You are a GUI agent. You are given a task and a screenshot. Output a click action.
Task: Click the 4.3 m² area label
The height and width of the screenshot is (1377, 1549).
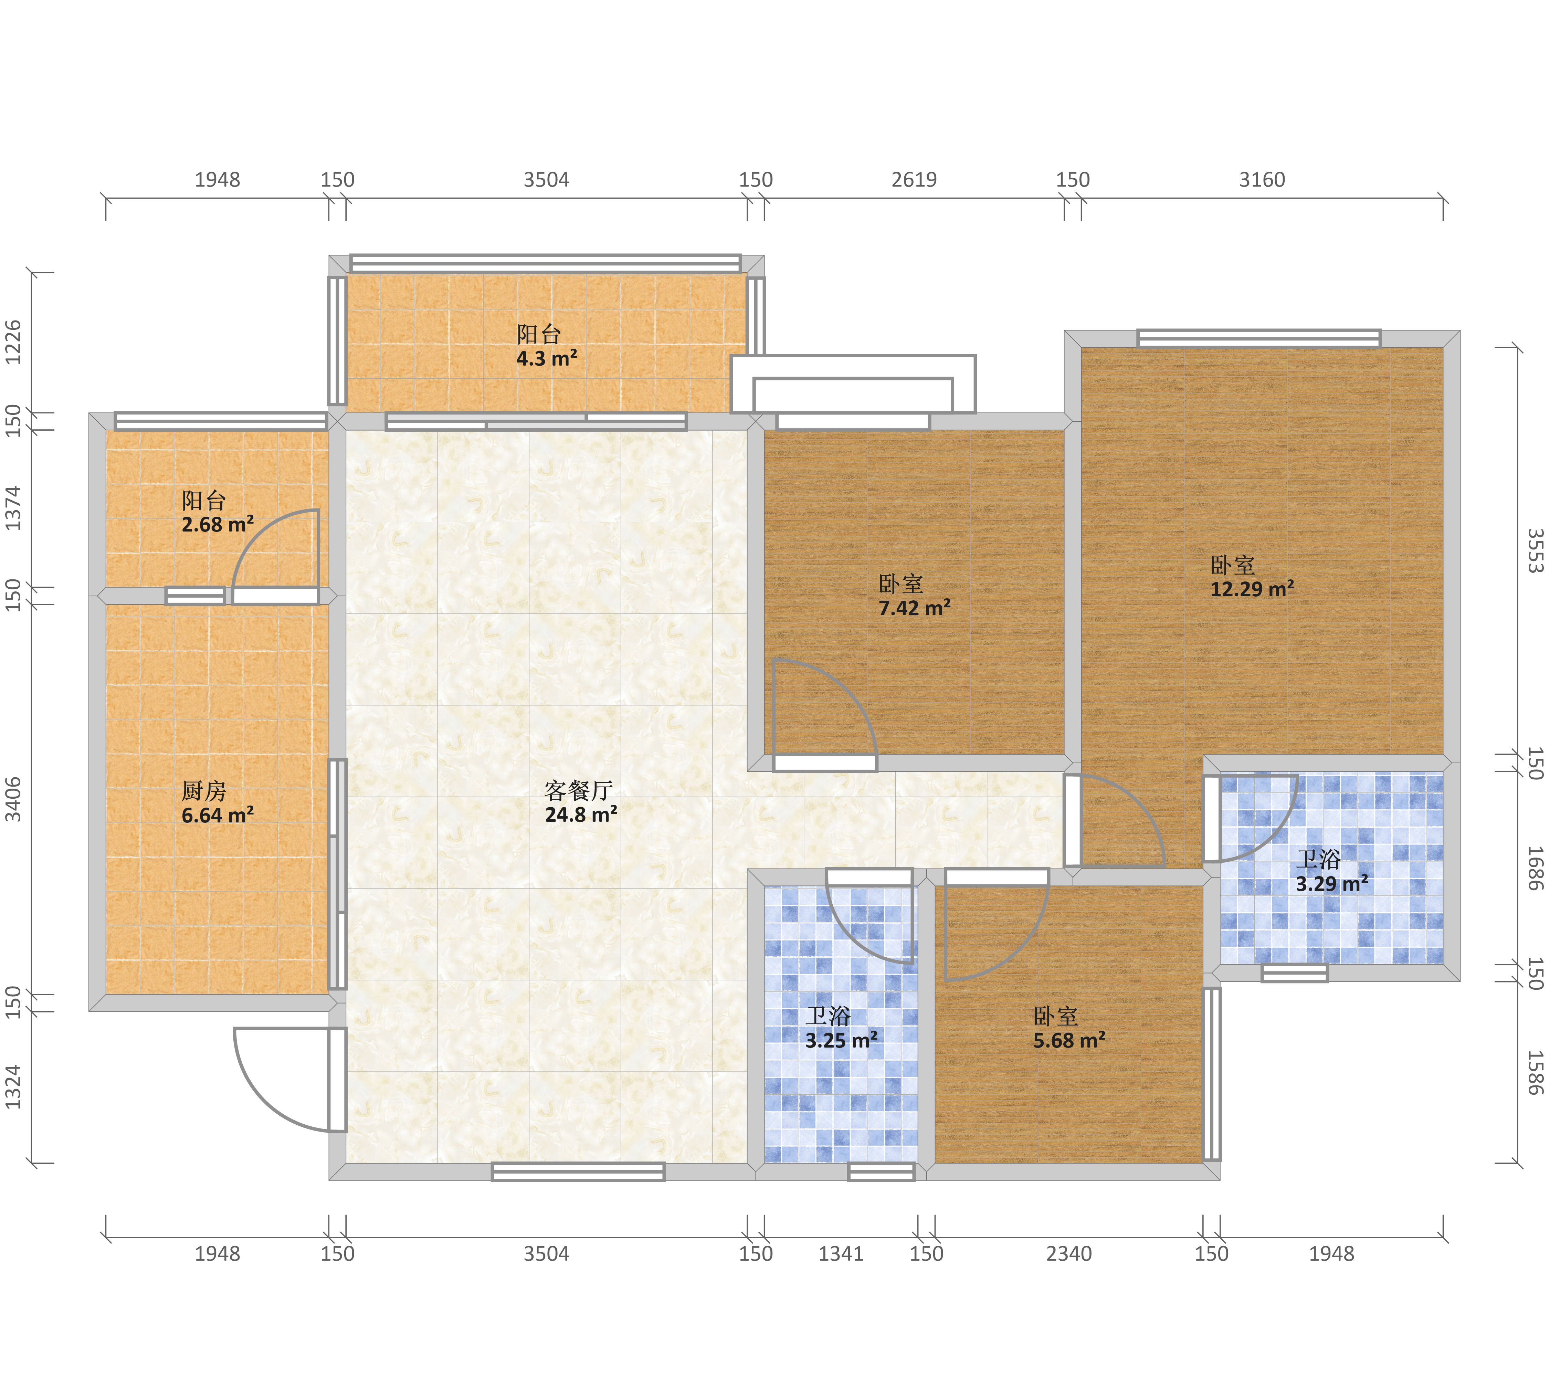546,358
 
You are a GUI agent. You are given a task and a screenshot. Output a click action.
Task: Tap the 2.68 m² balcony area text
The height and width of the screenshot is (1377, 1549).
218,524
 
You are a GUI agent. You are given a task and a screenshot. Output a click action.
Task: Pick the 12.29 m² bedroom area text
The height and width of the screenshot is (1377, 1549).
1252,589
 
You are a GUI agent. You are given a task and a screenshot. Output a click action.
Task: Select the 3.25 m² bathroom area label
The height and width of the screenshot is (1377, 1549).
841,1040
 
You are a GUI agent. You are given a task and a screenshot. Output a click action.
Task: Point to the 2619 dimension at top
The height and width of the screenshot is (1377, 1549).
914,180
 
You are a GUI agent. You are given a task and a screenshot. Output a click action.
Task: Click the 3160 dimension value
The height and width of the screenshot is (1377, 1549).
1262,180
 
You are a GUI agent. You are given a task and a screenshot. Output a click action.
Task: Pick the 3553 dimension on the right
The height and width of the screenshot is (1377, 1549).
1535,551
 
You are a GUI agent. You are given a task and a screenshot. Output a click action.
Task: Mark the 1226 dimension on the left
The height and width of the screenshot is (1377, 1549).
14,342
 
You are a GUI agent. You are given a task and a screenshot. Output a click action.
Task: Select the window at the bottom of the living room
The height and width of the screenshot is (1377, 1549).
578,1171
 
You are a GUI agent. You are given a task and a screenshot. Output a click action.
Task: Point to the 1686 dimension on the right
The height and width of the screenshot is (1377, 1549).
1535,868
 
